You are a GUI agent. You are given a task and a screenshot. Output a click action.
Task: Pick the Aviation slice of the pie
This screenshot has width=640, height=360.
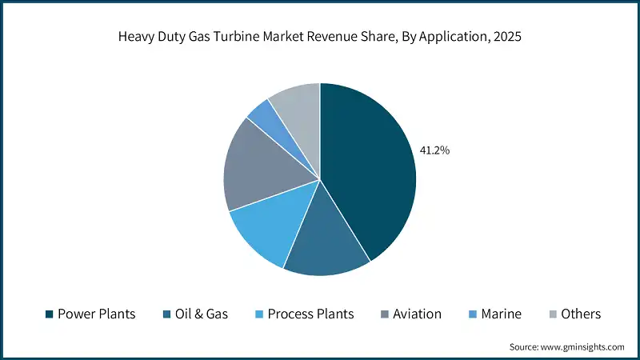pos(256,168)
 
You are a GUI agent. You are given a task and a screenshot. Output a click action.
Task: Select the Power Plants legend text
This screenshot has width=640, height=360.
pos(96,314)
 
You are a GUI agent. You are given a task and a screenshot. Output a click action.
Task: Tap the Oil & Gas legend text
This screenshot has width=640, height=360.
pos(201,314)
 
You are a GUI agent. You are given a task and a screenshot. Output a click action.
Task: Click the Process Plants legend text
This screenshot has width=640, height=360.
pos(310,314)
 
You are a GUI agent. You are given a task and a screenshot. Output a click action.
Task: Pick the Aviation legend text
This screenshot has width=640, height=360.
pos(416,314)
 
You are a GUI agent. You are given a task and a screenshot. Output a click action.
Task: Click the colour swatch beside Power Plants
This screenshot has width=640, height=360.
pos(50,314)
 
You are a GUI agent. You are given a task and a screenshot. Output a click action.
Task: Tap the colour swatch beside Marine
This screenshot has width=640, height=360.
pos(474,314)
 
